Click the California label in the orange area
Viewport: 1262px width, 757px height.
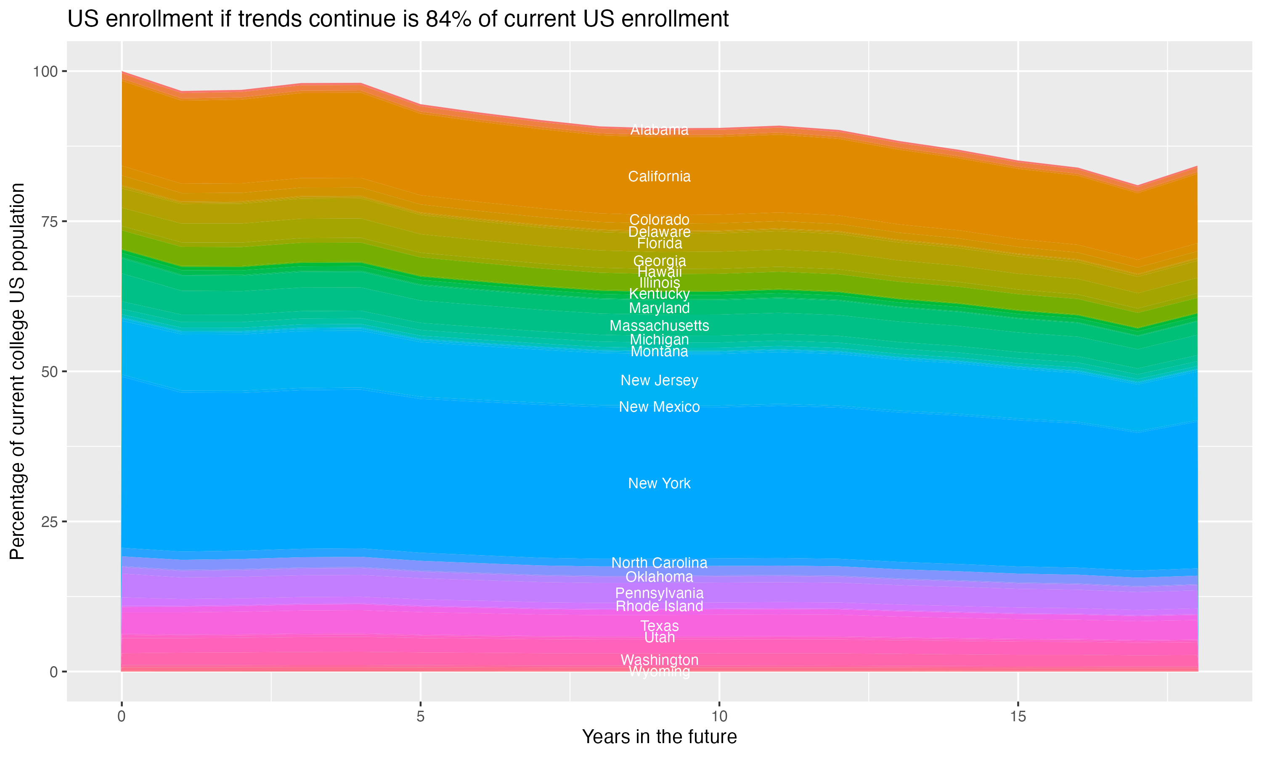coord(659,177)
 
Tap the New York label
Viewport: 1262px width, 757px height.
coord(659,483)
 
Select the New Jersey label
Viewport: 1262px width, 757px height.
coord(659,380)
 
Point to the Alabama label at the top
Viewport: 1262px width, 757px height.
coord(659,130)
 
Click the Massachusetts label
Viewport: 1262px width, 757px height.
coord(659,326)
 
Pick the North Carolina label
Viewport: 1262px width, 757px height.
coord(659,563)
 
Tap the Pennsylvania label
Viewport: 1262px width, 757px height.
coord(659,593)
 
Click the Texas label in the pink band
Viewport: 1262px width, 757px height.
coord(659,625)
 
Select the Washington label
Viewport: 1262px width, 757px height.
coord(659,659)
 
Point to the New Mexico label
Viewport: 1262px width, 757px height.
coord(659,407)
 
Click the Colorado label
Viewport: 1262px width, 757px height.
coord(659,220)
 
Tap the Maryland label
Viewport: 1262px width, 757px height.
coord(659,308)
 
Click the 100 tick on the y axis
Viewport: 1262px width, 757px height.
coord(45,71)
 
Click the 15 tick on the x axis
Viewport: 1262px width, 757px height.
coord(1018,717)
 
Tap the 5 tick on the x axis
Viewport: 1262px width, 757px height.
coord(420,717)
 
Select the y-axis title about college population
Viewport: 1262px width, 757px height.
coord(17,371)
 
